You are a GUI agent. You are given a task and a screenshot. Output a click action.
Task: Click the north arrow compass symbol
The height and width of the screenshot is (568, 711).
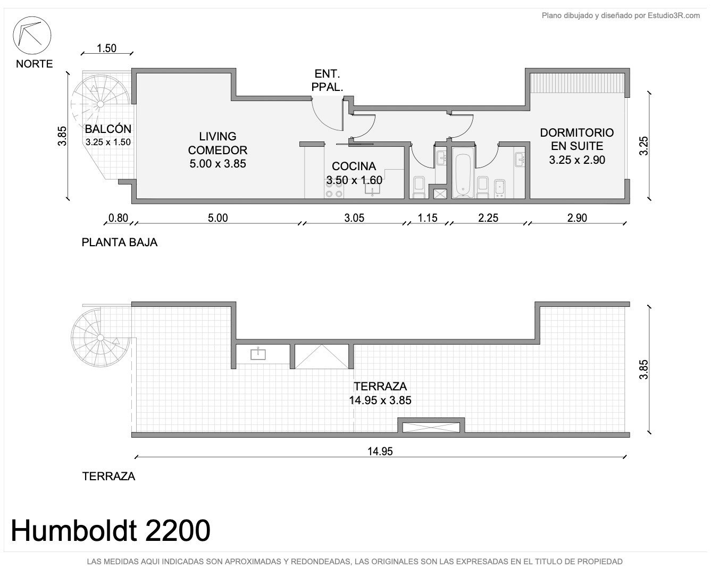tap(32, 35)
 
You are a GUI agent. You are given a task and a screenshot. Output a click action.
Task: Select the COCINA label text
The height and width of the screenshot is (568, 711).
tap(354, 166)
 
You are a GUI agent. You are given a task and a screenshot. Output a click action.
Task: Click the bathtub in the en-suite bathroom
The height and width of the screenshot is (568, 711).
tap(463, 172)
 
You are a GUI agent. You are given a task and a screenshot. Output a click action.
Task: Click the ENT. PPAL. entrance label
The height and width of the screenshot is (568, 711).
tap(327, 80)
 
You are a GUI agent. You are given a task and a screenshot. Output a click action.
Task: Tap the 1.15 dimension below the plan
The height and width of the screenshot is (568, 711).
tap(427, 218)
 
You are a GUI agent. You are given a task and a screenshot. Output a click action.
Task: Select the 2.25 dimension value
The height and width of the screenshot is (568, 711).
tap(488, 218)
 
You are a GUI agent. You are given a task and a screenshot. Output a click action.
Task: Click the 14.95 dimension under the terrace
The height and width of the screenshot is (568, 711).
tap(380, 452)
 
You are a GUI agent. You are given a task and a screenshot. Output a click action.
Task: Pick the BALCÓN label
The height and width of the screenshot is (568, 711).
tap(108, 129)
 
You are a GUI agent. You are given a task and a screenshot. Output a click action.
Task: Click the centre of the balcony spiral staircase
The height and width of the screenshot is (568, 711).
tap(100, 104)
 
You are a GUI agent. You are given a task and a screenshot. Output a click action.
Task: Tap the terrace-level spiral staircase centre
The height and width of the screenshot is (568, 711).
tap(100, 337)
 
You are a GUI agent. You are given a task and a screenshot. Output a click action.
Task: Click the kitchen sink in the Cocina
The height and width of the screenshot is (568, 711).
tap(372, 188)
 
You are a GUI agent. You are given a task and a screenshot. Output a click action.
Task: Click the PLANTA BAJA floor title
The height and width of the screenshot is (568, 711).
tap(119, 243)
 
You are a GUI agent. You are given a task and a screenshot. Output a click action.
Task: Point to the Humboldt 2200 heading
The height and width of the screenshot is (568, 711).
tap(111, 530)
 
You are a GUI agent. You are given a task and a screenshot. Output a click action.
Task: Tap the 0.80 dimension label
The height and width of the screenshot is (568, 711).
tap(118, 218)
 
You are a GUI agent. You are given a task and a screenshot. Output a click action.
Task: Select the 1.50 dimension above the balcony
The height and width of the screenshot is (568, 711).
tap(106, 48)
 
